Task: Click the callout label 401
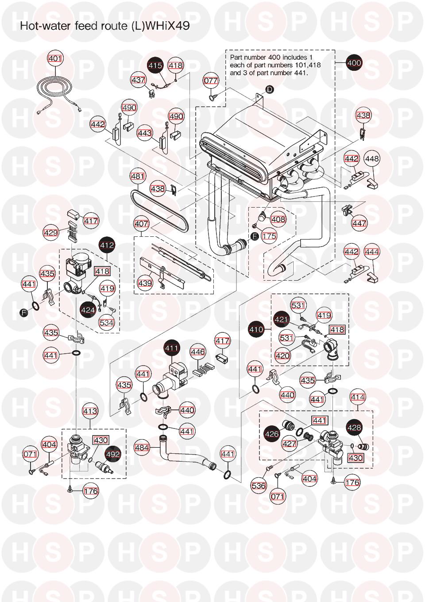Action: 55,58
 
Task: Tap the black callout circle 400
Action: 354,63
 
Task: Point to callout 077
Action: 211,81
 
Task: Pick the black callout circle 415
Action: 155,66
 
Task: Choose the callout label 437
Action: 138,80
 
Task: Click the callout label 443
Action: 145,133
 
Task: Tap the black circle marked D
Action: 270,89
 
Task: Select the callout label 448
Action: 372,158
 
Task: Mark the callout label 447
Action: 359,224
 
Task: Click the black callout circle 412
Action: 107,245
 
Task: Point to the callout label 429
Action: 51,232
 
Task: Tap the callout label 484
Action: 142,448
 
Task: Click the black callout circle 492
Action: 113,454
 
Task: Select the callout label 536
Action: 259,486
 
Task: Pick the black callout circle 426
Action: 272,434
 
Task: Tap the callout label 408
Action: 278,219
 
